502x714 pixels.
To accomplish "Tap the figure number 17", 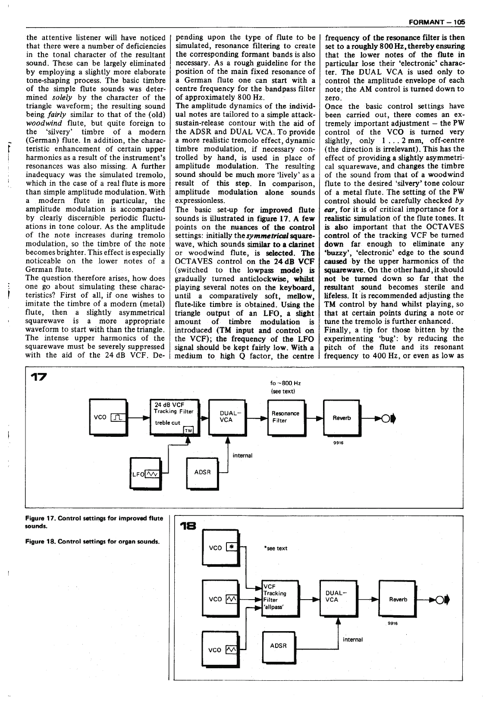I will tap(40, 376).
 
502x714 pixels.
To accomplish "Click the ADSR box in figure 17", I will tap(202, 473).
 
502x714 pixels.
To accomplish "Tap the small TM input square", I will tap(188, 430).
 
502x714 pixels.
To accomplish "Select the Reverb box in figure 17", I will tap(341, 417).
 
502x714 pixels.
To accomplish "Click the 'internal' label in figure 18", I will tap(352, 639).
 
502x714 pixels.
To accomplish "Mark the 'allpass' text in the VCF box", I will tap(274, 607).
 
